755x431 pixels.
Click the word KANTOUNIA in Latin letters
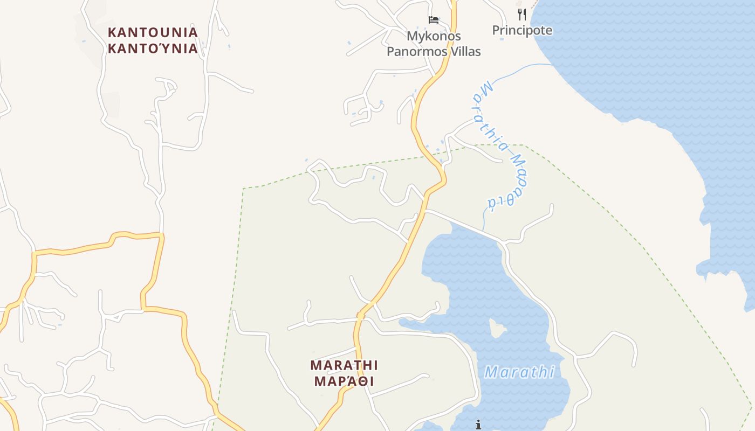tap(153, 32)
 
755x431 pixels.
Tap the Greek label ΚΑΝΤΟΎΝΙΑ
tap(153, 48)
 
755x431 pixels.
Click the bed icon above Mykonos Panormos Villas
tap(434, 20)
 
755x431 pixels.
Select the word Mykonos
tap(434, 36)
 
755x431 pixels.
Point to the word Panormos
tap(417, 52)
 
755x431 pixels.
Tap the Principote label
tap(522, 30)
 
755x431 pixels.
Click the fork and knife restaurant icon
tap(521, 14)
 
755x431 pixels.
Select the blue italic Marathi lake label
tap(519, 372)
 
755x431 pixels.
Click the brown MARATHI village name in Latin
tap(344, 365)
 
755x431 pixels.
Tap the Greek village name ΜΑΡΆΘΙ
tap(344, 381)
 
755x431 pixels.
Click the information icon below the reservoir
tap(478, 425)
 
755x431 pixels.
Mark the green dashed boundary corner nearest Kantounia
tap(243, 189)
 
